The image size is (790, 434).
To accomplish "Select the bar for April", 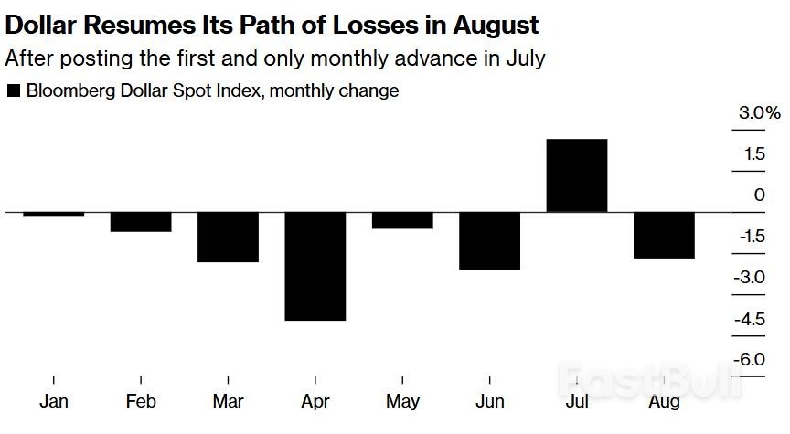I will click(315, 266).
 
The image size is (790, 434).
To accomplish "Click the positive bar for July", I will click(577, 175).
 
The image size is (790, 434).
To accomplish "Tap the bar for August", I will click(664, 235).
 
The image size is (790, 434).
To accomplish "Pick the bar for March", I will click(228, 237).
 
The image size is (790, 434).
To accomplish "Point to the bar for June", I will click(489, 240).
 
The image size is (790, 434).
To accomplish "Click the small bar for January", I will click(53, 214).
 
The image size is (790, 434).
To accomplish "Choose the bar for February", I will click(141, 221).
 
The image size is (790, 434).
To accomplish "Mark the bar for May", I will click(402, 220).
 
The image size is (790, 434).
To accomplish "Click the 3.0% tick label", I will click(760, 113).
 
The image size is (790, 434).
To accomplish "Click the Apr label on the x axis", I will click(315, 402).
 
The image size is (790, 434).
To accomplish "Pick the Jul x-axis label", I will click(577, 402).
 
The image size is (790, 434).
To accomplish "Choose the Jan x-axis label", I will click(54, 402).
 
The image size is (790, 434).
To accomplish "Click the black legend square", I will click(14, 90).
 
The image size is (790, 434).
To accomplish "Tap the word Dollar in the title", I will click(37, 23).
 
